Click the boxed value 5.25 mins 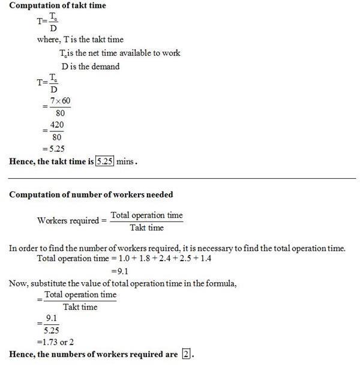105,161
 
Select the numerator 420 57,125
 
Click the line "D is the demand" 90,67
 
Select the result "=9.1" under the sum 122,271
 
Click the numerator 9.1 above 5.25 52,319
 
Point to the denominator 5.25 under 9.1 52,331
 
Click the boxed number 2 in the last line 186,354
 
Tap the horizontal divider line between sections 180,178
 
